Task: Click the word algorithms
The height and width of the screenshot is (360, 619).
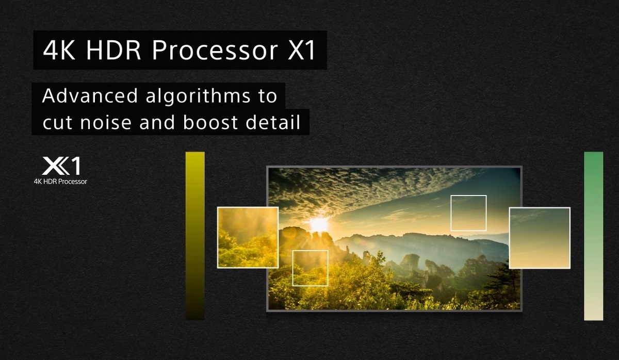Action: click(198, 97)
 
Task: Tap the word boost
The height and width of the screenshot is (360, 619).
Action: click(206, 124)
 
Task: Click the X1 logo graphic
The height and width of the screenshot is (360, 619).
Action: click(61, 167)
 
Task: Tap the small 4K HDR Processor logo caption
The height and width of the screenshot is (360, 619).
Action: click(60, 182)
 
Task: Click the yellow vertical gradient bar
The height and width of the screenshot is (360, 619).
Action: click(195, 235)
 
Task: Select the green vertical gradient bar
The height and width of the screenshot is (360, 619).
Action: click(593, 235)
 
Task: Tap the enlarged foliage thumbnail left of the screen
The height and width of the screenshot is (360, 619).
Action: click(248, 237)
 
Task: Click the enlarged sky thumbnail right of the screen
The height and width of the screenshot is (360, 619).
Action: click(540, 237)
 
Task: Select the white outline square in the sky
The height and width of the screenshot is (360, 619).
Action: click(468, 213)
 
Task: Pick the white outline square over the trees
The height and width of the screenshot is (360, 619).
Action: click(310, 268)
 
